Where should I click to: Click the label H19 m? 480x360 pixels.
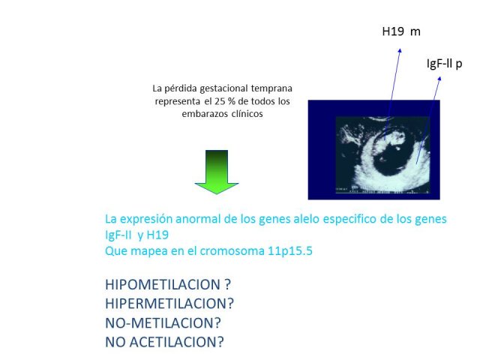401,31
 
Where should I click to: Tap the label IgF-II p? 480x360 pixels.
444,64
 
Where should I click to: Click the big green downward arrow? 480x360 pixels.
217,172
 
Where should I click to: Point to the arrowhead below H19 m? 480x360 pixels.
400,50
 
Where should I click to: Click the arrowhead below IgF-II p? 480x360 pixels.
439,79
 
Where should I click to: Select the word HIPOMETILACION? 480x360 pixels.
163,284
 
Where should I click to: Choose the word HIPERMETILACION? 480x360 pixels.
169,304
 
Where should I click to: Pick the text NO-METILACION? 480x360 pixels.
163,323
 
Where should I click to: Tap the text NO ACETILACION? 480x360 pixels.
164,342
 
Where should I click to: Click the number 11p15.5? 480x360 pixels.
290,250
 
